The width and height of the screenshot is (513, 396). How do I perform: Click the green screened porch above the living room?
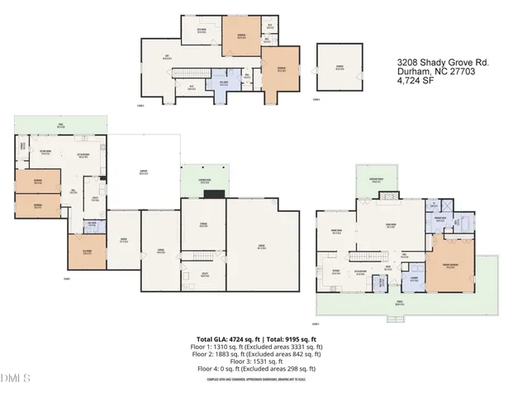[377, 181]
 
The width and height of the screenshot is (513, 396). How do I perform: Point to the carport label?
[144, 172]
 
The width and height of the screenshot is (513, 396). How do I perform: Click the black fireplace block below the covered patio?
[214, 196]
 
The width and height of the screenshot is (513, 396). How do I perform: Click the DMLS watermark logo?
[16, 379]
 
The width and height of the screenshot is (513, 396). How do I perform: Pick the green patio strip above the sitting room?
[59, 125]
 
